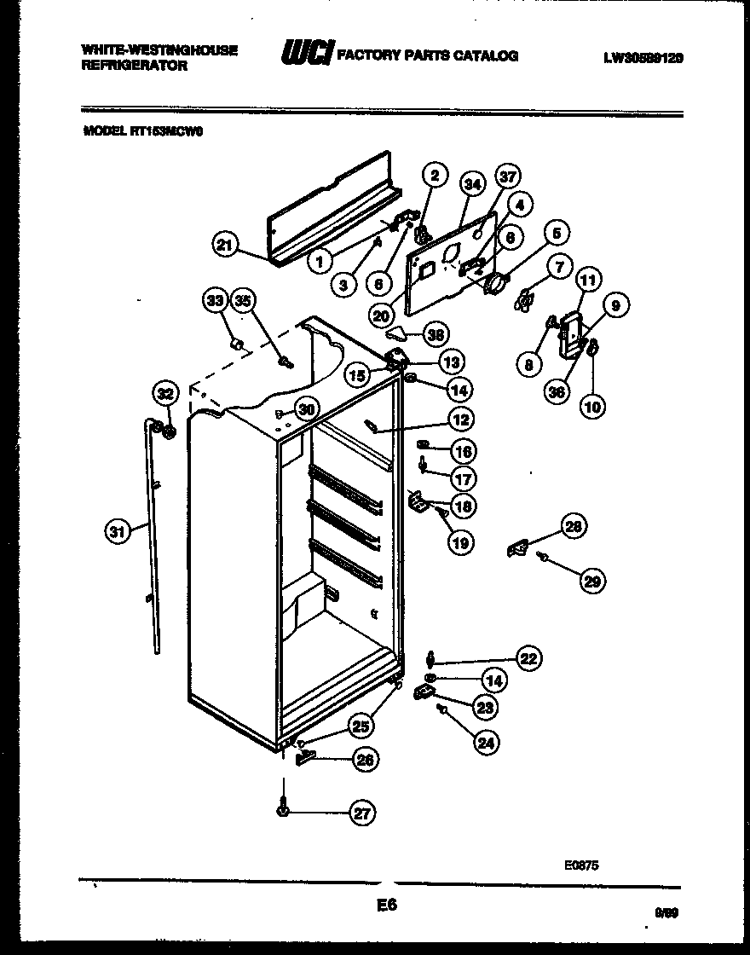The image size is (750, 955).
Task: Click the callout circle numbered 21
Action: coord(223,246)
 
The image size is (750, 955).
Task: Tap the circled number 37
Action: coord(509,177)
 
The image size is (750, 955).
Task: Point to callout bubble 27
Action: coord(363,813)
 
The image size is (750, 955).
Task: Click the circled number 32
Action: coord(164,393)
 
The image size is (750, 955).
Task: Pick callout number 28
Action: coord(574,527)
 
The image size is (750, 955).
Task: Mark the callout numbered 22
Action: coord(528,657)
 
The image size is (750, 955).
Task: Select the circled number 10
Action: coord(592,407)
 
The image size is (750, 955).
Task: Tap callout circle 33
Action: coord(215,299)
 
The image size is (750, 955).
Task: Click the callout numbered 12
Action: coord(461,420)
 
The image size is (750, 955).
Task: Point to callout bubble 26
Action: coord(363,761)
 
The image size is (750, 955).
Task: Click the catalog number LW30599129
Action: coord(643,58)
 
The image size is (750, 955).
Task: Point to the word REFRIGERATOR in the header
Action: coord(134,66)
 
